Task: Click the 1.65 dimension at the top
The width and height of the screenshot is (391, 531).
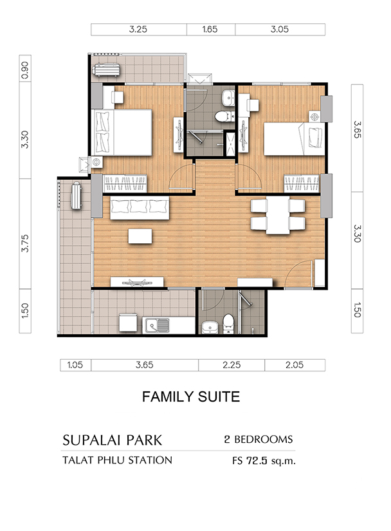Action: pyautogui.click(x=210, y=30)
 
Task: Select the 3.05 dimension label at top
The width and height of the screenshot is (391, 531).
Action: pyautogui.click(x=280, y=30)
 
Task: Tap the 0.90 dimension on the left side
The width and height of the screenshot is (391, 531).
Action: pyautogui.click(x=25, y=70)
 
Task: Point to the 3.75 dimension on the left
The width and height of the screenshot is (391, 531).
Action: pyautogui.click(x=25, y=243)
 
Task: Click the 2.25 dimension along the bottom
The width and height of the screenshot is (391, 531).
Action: pyautogui.click(x=232, y=365)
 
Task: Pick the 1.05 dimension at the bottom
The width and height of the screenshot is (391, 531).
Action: pyautogui.click(x=75, y=365)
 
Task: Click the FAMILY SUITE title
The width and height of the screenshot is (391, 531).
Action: pyautogui.click(x=191, y=396)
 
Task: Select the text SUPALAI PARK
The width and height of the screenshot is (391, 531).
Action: pyautogui.click(x=113, y=440)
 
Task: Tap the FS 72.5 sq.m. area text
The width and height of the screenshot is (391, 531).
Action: pyautogui.click(x=264, y=461)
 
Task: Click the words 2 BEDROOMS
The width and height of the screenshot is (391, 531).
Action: pyautogui.click(x=259, y=440)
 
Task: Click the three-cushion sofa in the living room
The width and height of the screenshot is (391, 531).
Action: pyautogui.click(x=140, y=208)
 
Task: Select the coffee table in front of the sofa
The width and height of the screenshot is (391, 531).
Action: pyautogui.click(x=140, y=236)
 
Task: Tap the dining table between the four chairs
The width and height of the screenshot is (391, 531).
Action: pyautogui.click(x=278, y=216)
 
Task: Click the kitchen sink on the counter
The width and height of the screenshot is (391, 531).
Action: pyautogui.click(x=158, y=326)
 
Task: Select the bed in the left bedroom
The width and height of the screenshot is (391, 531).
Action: pyautogui.click(x=122, y=133)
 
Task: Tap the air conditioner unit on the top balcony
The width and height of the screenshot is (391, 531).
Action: pyautogui.click(x=107, y=70)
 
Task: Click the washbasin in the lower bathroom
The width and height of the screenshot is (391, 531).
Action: pyautogui.click(x=210, y=328)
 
